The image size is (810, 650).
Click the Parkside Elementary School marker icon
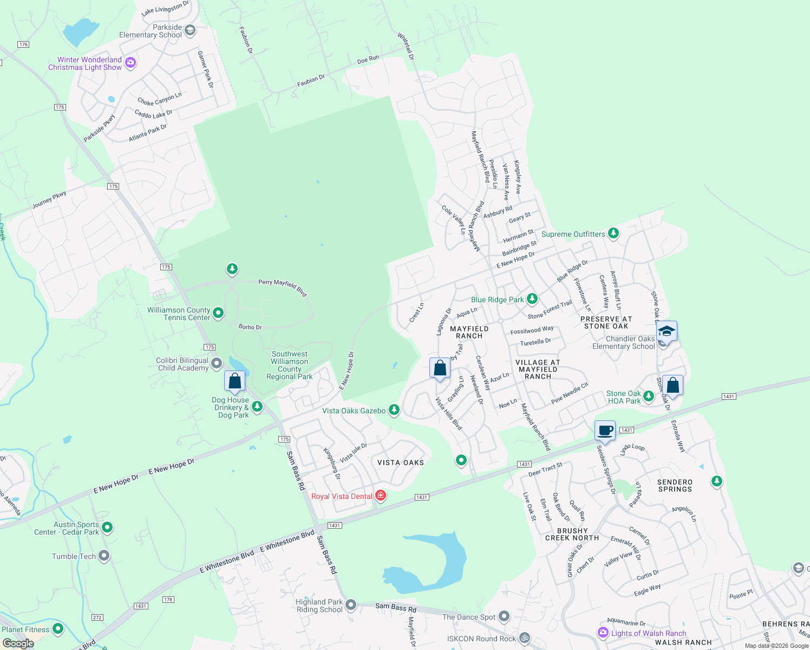190,30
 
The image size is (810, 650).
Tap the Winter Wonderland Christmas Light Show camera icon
130,63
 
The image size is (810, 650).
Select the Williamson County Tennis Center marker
218,313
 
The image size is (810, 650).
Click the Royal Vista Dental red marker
381,496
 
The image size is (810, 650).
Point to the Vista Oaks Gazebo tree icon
394,410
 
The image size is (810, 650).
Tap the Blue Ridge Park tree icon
532,299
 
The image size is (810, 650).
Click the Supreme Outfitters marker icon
613,233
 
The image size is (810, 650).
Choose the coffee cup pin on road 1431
605,431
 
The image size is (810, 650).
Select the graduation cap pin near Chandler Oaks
666,331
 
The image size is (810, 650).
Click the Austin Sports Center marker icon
107,527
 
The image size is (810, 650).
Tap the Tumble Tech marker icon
104,556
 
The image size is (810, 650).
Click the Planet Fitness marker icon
58,629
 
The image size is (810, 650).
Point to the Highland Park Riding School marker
351,604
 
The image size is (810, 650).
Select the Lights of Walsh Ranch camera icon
603,633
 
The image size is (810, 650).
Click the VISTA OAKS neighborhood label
401,463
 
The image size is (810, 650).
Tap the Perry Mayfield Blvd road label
283,288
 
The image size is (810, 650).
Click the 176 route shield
23,44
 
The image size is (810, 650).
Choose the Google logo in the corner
18,643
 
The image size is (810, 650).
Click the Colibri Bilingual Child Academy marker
217,363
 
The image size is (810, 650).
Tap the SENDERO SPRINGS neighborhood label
675,485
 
